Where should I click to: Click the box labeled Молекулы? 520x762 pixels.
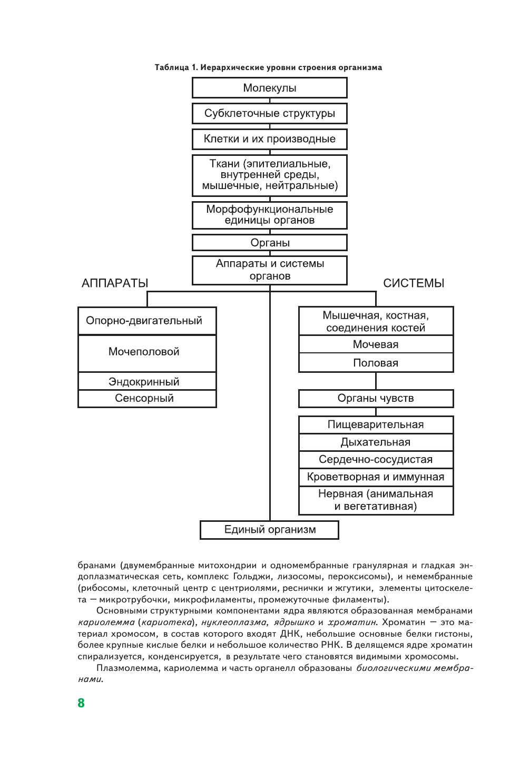click(x=269, y=88)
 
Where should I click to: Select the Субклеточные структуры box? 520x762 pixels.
click(x=269, y=113)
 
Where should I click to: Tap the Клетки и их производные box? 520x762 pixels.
click(x=269, y=139)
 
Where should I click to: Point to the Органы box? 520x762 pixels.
click(x=269, y=243)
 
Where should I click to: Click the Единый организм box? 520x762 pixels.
click(x=269, y=530)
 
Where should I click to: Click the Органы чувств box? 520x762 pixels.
click(x=376, y=398)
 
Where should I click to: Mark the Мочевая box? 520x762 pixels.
click(x=376, y=344)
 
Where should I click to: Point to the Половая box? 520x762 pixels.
click(x=376, y=363)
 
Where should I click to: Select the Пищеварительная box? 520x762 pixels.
click(x=376, y=424)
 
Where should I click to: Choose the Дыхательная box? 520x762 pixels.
click(x=376, y=442)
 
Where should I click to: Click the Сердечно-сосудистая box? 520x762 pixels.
click(x=376, y=459)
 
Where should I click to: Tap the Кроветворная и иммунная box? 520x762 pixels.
click(x=376, y=477)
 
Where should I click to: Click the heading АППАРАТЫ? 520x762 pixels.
click(x=115, y=283)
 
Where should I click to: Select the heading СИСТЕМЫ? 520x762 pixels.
click(x=414, y=283)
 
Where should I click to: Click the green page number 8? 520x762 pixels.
click(x=81, y=703)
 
